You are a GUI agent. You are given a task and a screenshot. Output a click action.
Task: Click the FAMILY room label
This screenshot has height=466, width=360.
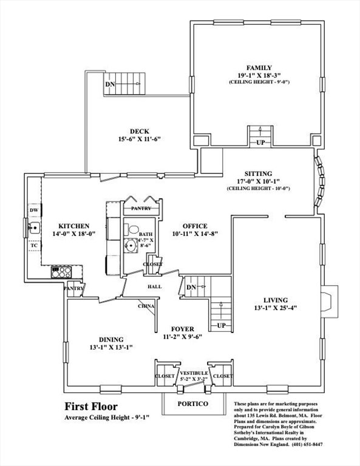[259, 68]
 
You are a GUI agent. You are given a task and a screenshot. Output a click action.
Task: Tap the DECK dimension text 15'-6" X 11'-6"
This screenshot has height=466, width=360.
[140, 139]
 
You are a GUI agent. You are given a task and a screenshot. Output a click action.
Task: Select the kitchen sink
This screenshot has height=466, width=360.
[34, 228]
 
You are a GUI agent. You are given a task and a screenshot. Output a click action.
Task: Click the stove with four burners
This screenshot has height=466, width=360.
[61, 272]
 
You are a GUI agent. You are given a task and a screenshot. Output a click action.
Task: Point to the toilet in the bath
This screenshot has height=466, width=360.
[132, 229]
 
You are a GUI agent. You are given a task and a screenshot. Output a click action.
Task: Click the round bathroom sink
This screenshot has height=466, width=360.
[131, 246]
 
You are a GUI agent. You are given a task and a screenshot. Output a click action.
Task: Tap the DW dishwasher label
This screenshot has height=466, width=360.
[34, 210]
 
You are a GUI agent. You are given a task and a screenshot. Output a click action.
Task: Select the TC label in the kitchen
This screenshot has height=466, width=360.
[34, 246]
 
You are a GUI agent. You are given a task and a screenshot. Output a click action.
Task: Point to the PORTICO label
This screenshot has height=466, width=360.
[193, 404]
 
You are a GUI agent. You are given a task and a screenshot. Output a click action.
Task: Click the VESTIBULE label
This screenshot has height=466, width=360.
[194, 373]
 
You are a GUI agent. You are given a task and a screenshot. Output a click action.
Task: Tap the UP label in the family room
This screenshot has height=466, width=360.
[260, 143]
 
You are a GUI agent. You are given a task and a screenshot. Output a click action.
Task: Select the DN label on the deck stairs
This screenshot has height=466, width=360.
[110, 84]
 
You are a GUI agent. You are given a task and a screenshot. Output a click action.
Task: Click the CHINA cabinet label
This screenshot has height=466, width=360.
[146, 306]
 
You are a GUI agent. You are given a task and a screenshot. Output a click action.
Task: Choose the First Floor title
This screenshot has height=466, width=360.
[91, 406]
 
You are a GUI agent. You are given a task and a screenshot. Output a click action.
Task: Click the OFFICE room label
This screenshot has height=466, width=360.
[195, 226]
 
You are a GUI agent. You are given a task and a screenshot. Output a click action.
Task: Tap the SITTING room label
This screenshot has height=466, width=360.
[259, 174]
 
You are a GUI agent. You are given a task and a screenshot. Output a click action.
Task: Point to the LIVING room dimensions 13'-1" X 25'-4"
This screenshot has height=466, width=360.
[276, 308]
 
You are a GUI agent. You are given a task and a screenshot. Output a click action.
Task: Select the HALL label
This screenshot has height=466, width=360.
[155, 286]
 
